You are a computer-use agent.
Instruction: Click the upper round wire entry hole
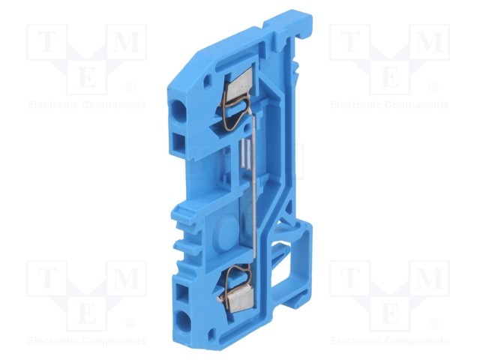coord(178,111)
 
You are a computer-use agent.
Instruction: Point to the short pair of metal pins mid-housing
coord(245,154)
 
